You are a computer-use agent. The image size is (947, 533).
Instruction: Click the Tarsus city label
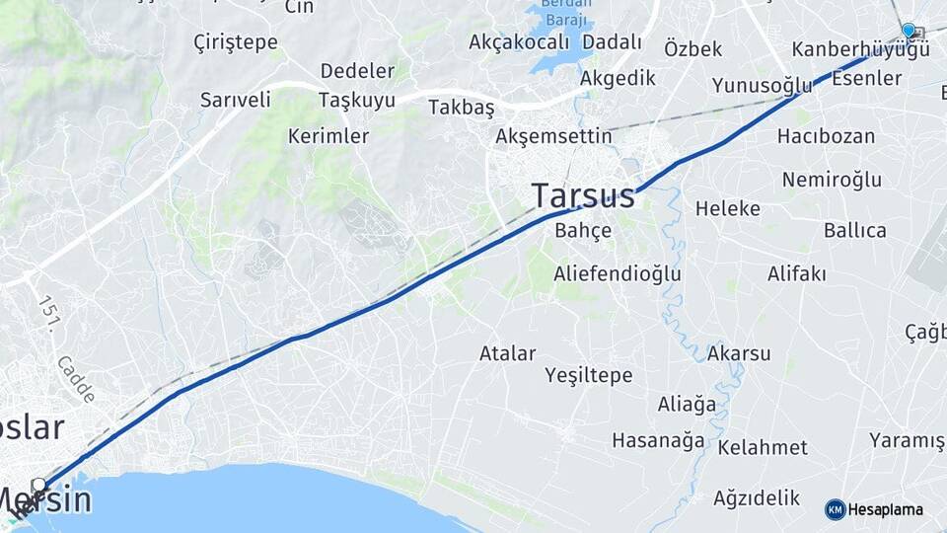point(583,195)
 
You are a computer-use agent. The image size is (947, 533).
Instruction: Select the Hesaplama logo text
point(885,510)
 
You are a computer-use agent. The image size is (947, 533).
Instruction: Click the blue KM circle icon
point(835,509)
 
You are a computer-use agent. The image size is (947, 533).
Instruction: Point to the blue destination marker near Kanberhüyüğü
point(909,31)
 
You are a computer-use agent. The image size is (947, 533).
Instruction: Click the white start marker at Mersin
point(38,485)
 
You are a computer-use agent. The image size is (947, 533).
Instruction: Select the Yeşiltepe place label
point(589,375)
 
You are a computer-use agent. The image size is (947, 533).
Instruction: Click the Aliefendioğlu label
point(618,272)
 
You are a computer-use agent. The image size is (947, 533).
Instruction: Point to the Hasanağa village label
point(659,440)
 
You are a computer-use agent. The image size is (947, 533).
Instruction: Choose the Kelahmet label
point(763,447)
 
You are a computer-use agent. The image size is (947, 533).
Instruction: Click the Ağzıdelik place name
point(756,497)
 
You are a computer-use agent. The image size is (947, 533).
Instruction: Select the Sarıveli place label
point(235,100)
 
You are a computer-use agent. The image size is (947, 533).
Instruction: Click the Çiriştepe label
point(236,42)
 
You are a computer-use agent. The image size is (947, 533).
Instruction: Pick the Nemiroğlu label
point(832,179)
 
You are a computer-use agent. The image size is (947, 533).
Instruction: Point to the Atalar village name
point(508,352)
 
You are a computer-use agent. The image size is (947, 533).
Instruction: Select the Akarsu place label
point(739,352)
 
